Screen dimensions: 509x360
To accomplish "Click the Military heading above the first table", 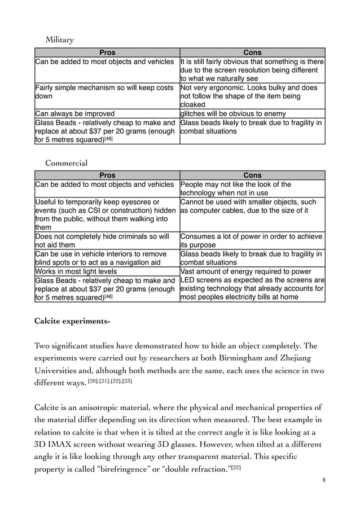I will pyautogui.click(x=59, y=40).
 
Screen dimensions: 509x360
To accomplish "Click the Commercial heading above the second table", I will pyautogui.click(x=66, y=164).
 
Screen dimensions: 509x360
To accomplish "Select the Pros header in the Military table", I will pyautogui.click(x=106, y=52).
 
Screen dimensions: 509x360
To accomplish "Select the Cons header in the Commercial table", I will pyautogui.click(x=252, y=175).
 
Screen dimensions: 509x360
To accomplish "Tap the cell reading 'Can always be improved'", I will pyautogui.click(x=75, y=113).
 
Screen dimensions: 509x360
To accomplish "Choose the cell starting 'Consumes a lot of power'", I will pyautogui.click(x=251, y=240).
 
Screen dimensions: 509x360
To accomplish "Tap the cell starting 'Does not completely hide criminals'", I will pyautogui.click(x=102, y=240).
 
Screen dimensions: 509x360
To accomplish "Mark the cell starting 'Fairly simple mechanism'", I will pyautogui.click(x=104, y=92).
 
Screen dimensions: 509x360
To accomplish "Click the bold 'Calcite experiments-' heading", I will pyautogui.click(x=72, y=322).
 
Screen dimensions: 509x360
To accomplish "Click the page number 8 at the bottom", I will pyautogui.click(x=323, y=480).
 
